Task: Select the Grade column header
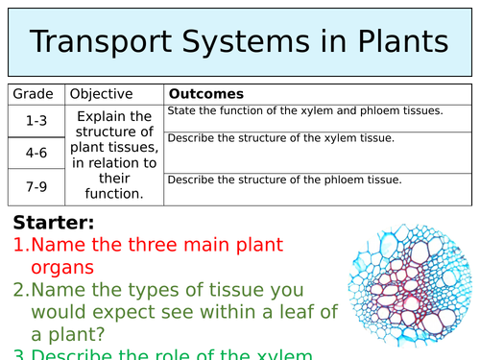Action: click(36, 94)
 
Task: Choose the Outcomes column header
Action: click(205, 94)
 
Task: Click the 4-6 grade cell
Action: click(36, 153)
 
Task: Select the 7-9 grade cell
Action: click(36, 185)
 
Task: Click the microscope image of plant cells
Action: click(406, 288)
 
